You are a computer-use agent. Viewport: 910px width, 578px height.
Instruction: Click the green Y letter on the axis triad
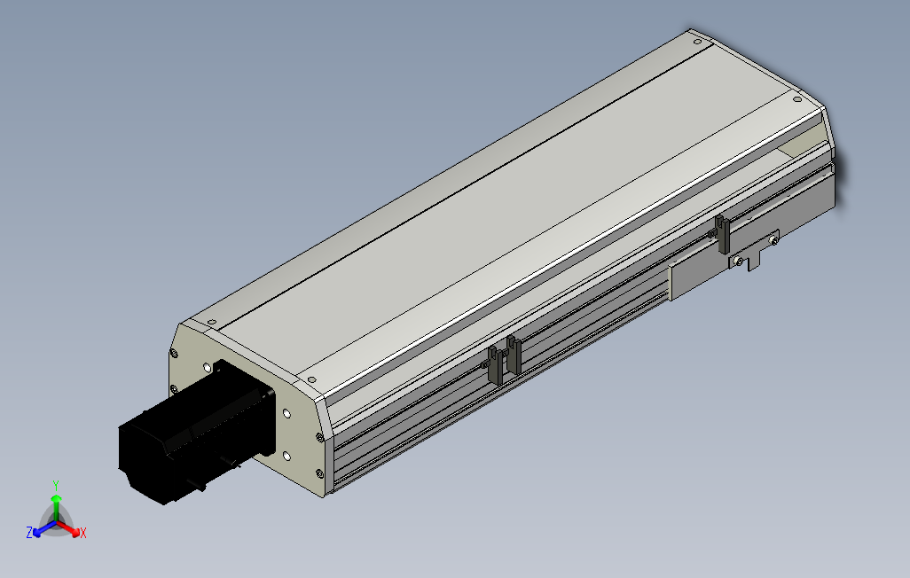[55, 485]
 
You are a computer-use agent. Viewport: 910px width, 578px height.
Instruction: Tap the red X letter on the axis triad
[82, 533]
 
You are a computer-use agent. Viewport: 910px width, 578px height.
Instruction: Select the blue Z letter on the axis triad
[29, 533]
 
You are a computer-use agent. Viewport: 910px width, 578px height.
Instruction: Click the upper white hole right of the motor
[286, 413]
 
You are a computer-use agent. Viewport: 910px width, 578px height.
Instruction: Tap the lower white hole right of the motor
[286, 456]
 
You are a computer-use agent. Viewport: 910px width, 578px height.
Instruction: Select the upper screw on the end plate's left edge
[173, 354]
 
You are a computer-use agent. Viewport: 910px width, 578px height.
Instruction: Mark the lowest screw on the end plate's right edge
[318, 473]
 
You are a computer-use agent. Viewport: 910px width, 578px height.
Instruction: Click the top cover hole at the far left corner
[696, 40]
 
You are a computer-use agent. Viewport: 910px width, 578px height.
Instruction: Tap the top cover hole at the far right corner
[796, 99]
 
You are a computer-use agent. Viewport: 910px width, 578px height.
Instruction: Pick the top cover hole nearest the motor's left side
[211, 321]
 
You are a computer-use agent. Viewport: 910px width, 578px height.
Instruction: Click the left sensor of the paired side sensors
[493, 364]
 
